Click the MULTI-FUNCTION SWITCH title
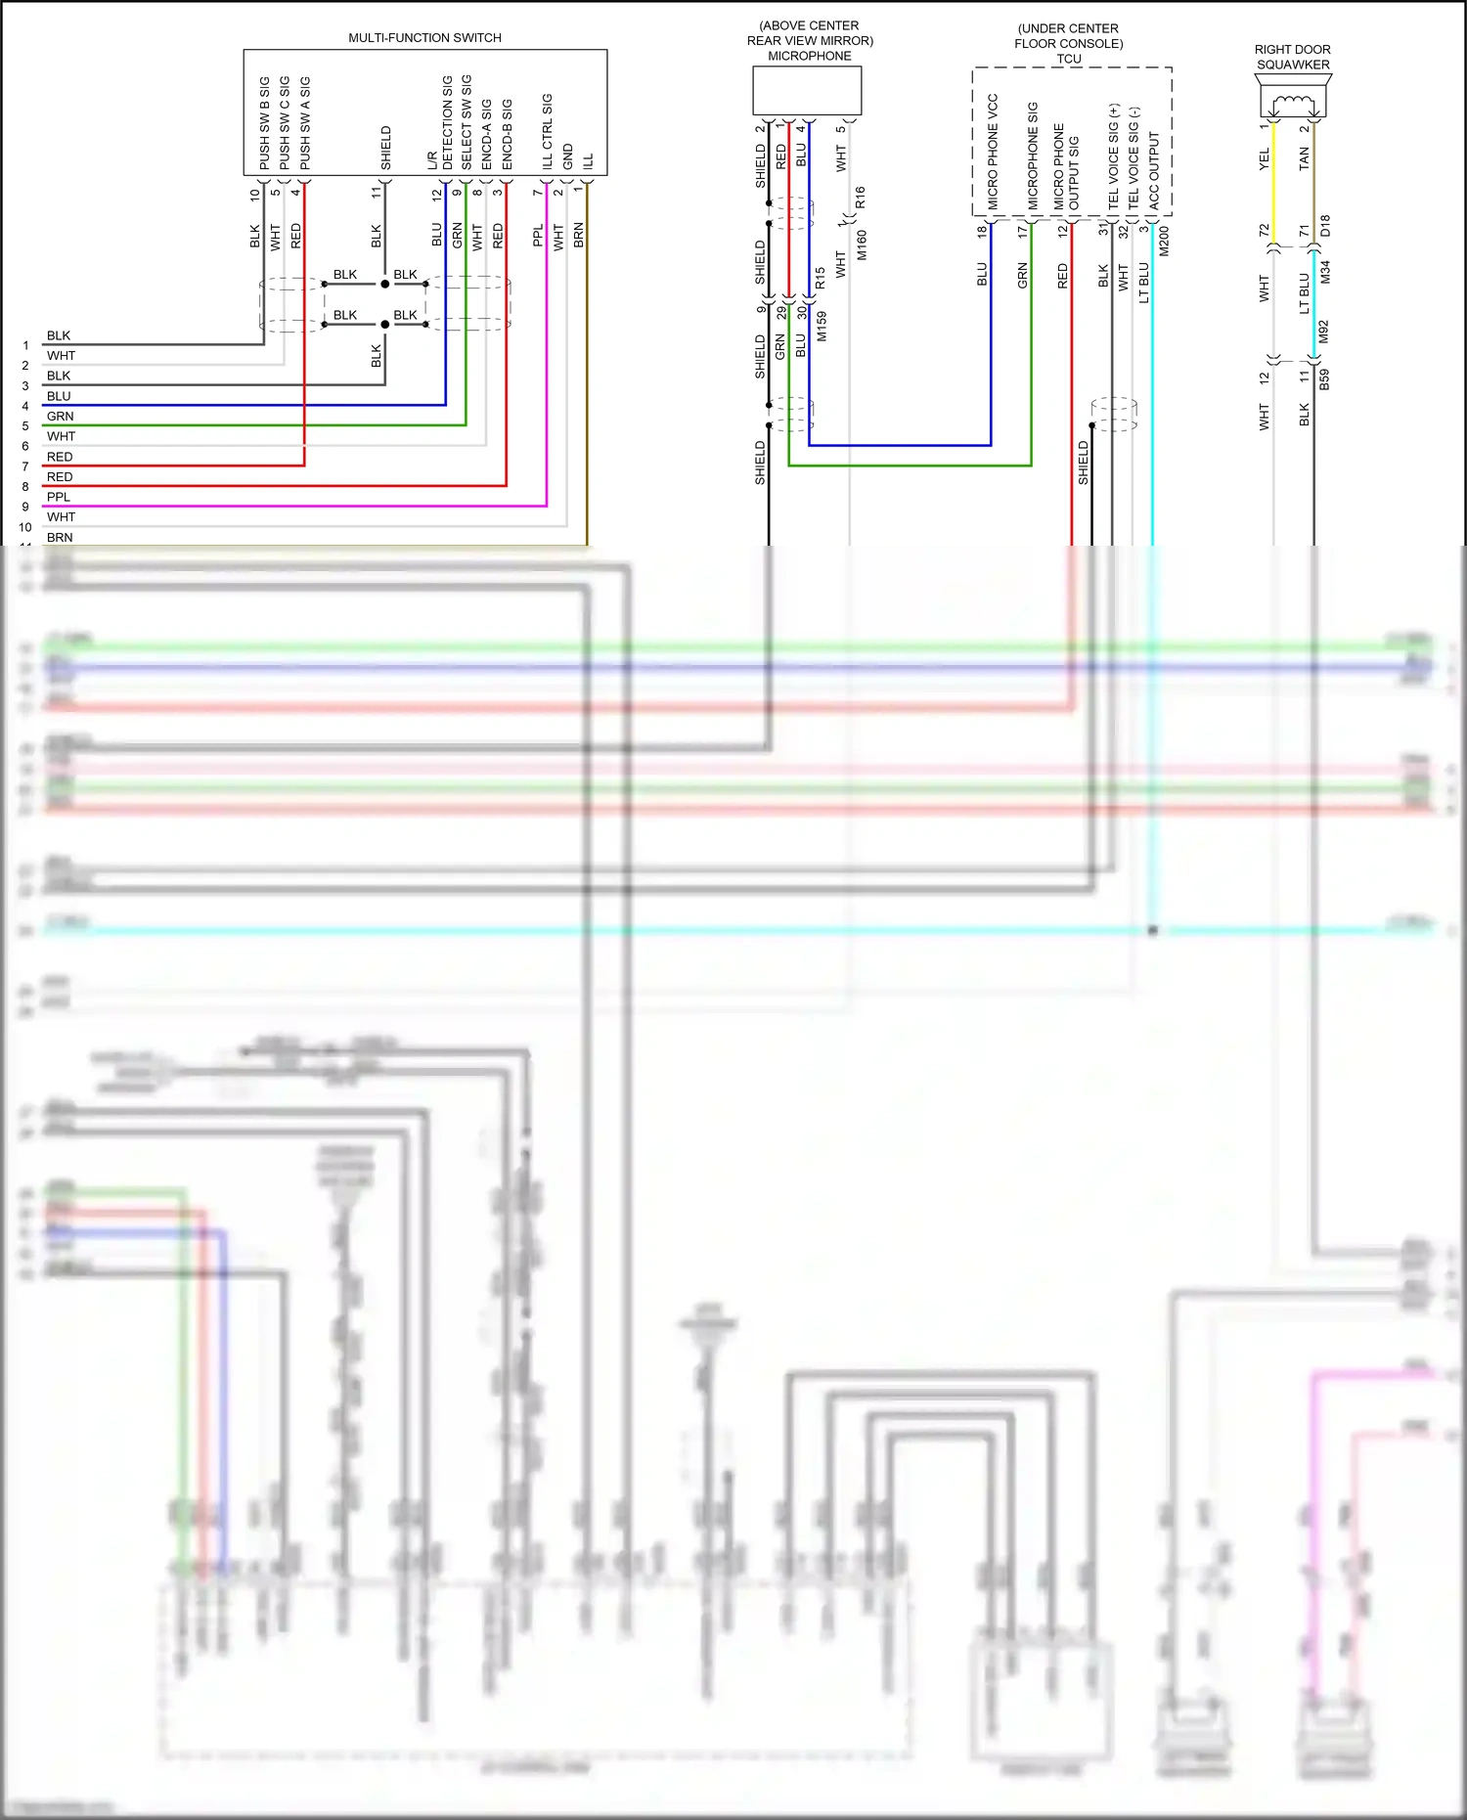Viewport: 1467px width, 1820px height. [424, 38]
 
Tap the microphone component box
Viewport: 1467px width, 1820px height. [807, 91]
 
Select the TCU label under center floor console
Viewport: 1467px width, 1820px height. [1069, 59]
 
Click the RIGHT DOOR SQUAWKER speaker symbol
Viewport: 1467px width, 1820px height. [1293, 101]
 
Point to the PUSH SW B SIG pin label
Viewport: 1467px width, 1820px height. [264, 123]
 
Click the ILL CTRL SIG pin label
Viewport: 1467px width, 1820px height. [548, 132]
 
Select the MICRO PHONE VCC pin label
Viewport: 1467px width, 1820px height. [993, 151]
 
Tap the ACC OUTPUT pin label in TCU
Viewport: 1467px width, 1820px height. [1154, 170]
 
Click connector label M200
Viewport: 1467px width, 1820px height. [1164, 241]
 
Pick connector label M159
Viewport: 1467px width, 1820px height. [822, 327]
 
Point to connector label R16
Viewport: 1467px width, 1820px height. [861, 198]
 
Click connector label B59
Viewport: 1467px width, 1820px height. [1325, 379]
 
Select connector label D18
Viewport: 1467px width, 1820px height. [1325, 227]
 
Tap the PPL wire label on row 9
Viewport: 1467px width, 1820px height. [59, 497]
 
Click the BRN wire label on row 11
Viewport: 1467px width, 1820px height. [60, 537]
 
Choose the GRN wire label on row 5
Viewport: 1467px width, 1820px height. [60, 417]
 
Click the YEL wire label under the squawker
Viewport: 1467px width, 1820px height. [1264, 158]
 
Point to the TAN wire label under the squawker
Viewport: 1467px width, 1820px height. [1304, 158]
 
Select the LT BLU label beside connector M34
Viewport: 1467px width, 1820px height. [1304, 293]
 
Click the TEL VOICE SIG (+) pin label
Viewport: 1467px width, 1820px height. [1114, 156]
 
